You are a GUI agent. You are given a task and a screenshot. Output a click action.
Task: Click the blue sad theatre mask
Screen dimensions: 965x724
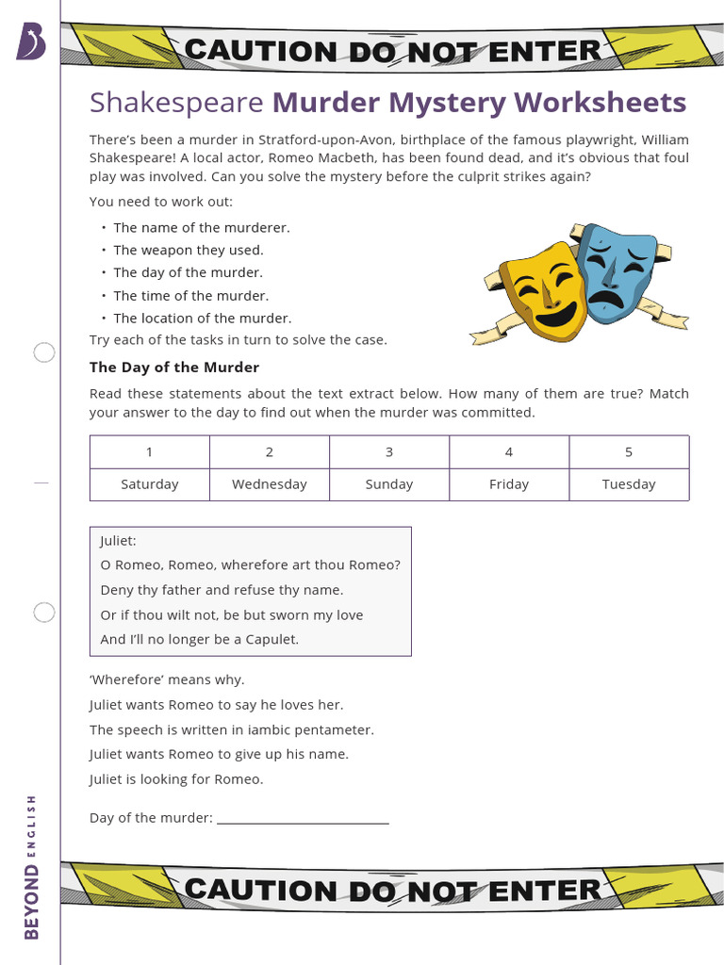click(617, 270)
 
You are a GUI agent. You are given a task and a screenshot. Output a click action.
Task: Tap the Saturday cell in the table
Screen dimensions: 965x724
click(149, 484)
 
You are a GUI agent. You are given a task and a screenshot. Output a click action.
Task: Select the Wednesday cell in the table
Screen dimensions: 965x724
click(269, 484)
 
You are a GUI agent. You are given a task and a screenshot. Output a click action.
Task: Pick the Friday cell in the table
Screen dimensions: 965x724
click(509, 484)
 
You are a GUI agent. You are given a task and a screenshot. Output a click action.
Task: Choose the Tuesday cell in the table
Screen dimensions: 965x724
click(629, 484)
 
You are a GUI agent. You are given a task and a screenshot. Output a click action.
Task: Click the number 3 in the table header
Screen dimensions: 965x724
click(389, 452)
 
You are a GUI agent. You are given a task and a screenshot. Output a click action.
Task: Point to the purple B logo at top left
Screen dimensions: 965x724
click(30, 42)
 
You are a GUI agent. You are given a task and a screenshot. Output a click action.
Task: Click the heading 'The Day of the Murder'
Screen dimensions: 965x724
click(174, 368)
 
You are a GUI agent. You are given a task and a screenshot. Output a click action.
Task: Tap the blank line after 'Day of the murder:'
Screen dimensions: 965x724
click(303, 818)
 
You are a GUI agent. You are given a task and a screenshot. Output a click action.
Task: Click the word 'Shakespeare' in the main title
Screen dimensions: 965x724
click(176, 102)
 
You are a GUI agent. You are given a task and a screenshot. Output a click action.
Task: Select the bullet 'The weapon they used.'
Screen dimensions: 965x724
click(189, 250)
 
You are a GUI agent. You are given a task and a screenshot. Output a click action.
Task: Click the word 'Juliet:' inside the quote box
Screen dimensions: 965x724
click(119, 541)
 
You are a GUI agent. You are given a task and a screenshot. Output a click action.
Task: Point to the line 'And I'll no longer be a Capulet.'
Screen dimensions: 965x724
click(200, 639)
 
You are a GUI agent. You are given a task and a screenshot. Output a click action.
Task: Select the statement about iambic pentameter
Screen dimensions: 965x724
click(232, 729)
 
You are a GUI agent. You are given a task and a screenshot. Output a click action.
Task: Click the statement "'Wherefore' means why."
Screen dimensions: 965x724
click(167, 679)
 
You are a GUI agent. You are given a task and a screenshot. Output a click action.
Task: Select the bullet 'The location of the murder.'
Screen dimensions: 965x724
click(203, 319)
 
